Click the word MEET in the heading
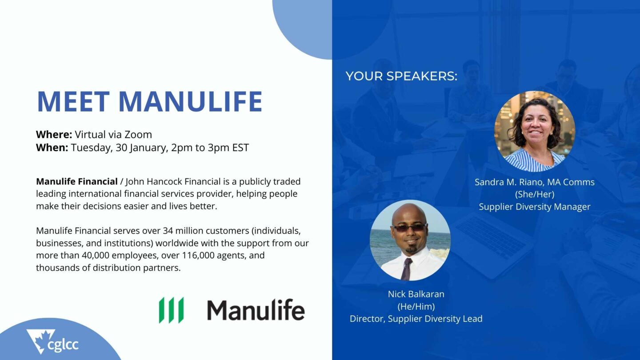(x=73, y=101)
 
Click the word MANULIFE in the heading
(x=190, y=101)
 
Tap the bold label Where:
(x=54, y=134)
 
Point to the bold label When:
(x=52, y=148)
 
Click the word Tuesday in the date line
(x=91, y=148)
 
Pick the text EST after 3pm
(x=240, y=148)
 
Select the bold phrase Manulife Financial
(x=77, y=181)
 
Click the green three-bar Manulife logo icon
(x=172, y=310)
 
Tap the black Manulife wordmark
(x=256, y=310)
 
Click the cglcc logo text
(x=63, y=344)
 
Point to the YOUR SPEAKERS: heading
(x=401, y=76)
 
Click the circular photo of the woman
(x=535, y=132)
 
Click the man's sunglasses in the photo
(x=410, y=228)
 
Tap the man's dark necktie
(x=406, y=269)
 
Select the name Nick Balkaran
(x=416, y=294)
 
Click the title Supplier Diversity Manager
(x=535, y=207)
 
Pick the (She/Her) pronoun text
(x=535, y=194)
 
